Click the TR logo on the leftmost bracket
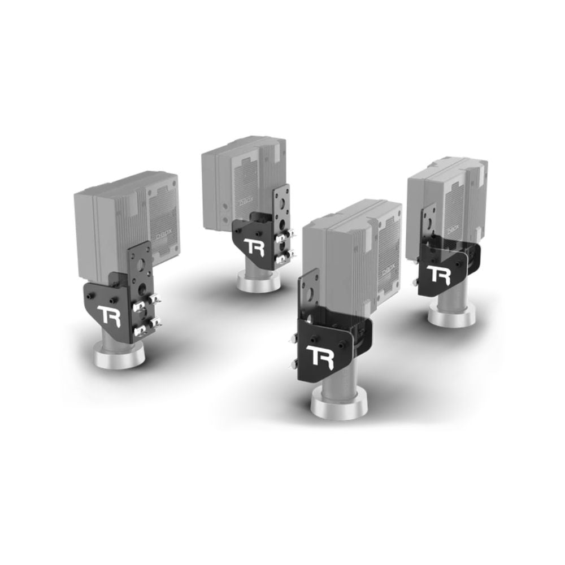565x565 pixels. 109,315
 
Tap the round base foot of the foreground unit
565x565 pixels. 339,406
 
